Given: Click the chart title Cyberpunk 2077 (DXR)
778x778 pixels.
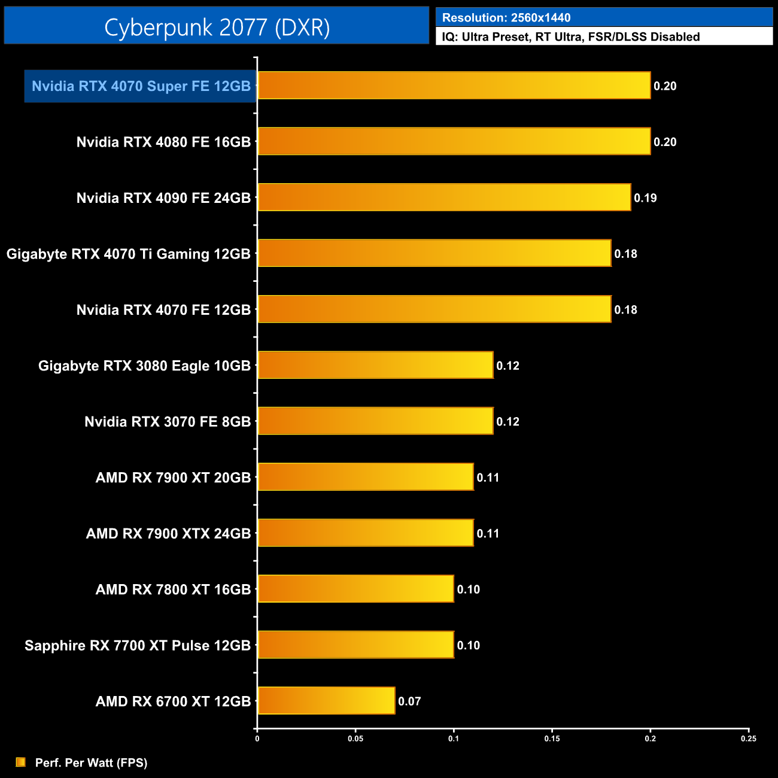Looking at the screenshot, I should coord(217,28).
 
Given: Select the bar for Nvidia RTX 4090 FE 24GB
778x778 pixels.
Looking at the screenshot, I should coord(444,197).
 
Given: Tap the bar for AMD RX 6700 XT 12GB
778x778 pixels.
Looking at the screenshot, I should coord(326,701).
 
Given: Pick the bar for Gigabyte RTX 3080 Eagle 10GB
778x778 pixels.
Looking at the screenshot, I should coord(375,365).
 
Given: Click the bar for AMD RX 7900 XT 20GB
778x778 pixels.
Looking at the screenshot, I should coord(366,477).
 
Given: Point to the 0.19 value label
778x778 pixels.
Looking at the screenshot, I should coord(645,198).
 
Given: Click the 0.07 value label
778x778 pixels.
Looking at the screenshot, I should coord(409,701).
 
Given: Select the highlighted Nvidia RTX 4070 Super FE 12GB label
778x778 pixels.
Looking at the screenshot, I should coord(141,86).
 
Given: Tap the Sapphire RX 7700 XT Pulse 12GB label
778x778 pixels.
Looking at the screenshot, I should coord(138,646).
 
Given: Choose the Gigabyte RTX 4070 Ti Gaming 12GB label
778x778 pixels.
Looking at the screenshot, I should coord(128,254).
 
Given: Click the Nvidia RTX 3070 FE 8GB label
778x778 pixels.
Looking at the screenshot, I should coord(168,422).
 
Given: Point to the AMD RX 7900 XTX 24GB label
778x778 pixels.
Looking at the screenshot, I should coord(168,534).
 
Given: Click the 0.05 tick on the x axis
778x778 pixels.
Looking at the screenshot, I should coord(355,739).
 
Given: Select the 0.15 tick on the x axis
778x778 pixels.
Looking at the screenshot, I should coord(552,739).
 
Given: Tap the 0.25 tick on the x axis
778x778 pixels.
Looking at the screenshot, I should coord(748,739).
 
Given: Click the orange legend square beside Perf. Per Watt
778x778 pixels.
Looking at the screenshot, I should coord(21,762).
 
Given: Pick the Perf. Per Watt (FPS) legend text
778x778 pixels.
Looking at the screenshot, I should coord(91,762).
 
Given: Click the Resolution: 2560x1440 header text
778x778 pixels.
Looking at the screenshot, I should coord(506,18).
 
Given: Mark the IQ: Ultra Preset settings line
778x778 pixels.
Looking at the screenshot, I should coord(570,37).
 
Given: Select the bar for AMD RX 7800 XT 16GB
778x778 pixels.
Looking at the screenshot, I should coord(355,589).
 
